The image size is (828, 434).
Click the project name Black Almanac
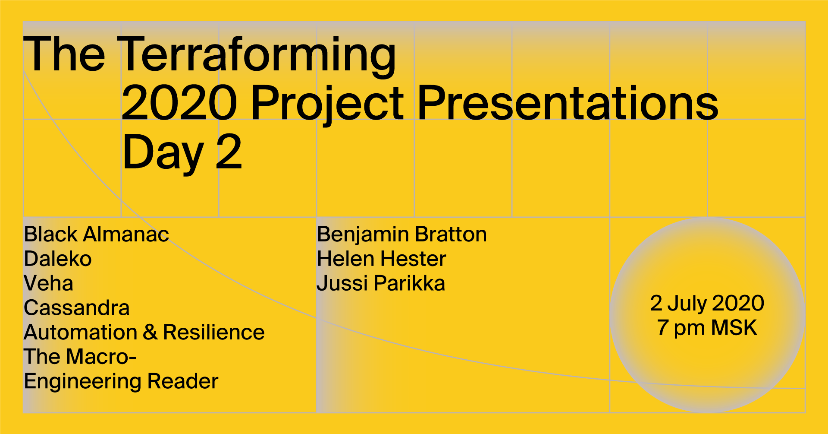tap(97, 234)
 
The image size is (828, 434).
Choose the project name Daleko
tap(58, 259)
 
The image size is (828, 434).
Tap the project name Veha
tap(48, 284)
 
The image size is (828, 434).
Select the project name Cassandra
tap(77, 308)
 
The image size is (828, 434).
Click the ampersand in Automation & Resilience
tap(150, 333)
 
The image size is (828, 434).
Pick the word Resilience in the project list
tap(214, 333)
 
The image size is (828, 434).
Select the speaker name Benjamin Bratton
tap(402, 234)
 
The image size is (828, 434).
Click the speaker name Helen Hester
tap(382, 259)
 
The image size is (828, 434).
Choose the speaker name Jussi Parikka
tap(381, 284)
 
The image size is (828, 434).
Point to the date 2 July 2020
tap(707, 304)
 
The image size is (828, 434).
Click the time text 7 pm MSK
tap(707, 328)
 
